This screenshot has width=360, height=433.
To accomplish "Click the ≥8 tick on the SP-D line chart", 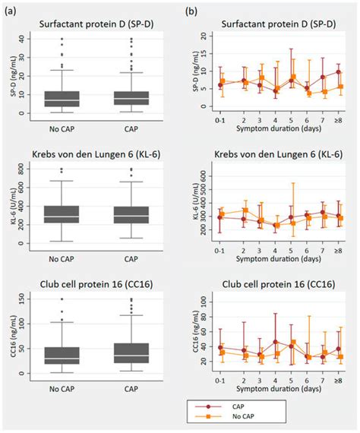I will pos(339,120).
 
